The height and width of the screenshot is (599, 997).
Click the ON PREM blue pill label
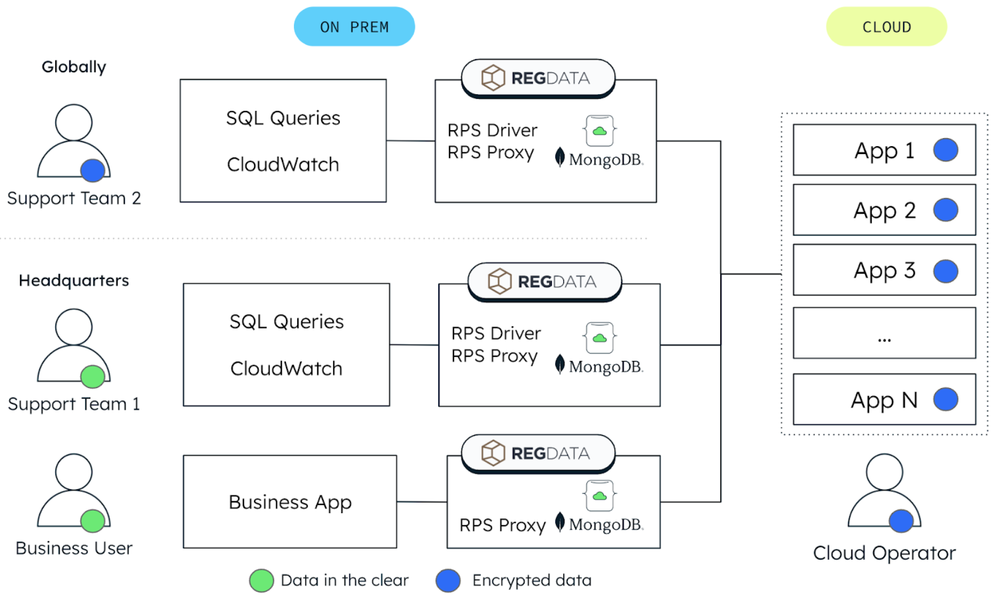click(x=354, y=27)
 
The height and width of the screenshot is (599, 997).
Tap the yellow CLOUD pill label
click(x=886, y=27)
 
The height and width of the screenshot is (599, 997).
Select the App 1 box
click(x=884, y=150)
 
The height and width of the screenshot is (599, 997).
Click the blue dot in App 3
click(x=945, y=271)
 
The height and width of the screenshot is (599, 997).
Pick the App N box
click(x=884, y=400)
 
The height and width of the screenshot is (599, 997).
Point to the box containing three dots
click(x=884, y=333)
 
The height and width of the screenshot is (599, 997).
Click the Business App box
click(x=290, y=502)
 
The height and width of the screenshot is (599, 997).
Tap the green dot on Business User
click(x=93, y=521)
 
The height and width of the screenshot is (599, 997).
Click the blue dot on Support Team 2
click(x=93, y=170)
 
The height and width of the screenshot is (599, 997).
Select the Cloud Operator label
click(x=884, y=553)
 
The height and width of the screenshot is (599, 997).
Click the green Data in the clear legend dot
click(x=261, y=581)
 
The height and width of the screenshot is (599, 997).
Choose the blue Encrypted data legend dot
click(x=448, y=581)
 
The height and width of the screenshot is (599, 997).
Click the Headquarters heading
click(x=74, y=281)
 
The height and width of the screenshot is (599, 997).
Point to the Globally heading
click(x=74, y=67)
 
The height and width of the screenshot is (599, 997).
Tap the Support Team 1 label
click(x=74, y=404)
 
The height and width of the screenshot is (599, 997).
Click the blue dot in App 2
click(x=945, y=210)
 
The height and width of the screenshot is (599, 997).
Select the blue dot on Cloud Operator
click(x=901, y=521)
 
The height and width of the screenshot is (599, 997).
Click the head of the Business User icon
click(x=74, y=472)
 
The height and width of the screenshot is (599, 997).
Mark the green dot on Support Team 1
click(x=93, y=376)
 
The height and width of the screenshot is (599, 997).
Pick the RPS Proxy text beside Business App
click(x=502, y=525)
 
